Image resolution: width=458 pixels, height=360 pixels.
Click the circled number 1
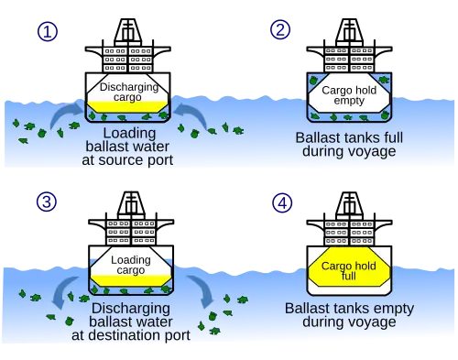(48, 32)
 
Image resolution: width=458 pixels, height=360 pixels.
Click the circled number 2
(280, 29)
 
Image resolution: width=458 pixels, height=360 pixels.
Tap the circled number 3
(47, 202)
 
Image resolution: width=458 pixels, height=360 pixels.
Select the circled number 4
(282, 203)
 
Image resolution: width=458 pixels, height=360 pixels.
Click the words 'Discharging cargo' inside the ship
(129, 92)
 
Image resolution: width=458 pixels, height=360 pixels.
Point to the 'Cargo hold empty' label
(349, 95)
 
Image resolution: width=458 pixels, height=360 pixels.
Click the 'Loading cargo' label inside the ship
(131, 265)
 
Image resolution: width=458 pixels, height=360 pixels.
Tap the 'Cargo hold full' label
(349, 271)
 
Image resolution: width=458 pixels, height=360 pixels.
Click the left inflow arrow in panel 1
(65, 113)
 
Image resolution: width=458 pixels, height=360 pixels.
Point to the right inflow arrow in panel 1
(192, 113)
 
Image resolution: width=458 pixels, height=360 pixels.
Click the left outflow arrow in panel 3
(62, 290)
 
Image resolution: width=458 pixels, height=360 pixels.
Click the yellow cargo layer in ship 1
(127, 106)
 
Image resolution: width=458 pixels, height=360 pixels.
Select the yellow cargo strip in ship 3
(131, 280)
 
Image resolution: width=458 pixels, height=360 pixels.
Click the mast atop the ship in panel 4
(349, 205)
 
